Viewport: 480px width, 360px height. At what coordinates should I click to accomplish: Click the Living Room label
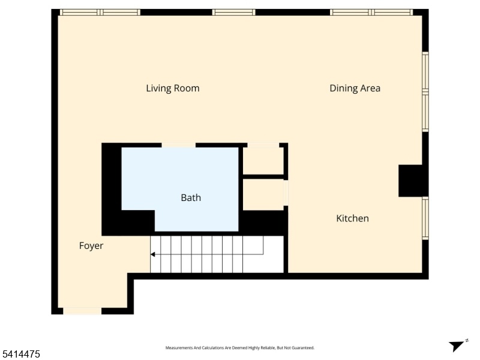[x=173, y=88]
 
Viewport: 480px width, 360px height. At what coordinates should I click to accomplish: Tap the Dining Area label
[x=355, y=88]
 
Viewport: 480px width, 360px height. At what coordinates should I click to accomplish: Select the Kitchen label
[x=352, y=218]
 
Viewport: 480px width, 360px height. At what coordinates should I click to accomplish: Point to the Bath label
[x=191, y=198]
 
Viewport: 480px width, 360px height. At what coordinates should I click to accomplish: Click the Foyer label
[x=91, y=246]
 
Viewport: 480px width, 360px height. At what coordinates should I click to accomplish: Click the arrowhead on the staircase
[x=152, y=254]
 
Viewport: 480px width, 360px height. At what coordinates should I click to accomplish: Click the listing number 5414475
[x=20, y=354]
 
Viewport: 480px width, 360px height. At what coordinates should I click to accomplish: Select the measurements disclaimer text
[x=239, y=348]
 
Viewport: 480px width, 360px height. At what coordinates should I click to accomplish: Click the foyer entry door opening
[x=82, y=311]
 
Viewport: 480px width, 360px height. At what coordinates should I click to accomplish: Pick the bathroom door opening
[x=178, y=145]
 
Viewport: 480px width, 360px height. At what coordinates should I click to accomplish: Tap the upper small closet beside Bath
[x=263, y=161]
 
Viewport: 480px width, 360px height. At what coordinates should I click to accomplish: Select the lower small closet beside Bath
[x=263, y=194]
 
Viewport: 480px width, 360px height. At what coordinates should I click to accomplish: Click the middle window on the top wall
[x=233, y=12]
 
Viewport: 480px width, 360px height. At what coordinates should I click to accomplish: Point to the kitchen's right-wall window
[x=425, y=218]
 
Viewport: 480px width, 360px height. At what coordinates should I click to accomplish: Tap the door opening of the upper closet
[x=263, y=145]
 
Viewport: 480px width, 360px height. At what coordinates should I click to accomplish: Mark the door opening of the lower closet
[x=286, y=193]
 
